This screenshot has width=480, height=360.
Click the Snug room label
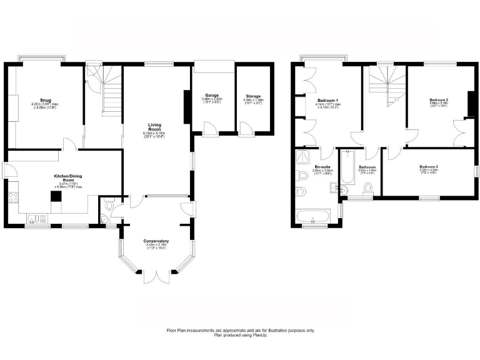coord(45,99)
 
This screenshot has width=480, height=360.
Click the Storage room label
coord(253,96)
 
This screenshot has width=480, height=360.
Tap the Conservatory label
coord(156,241)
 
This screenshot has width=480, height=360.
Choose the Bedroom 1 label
coord(327,99)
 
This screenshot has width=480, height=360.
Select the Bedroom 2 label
coord(439,99)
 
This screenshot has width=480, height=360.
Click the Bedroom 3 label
coord(429,167)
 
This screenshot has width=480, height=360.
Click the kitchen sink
coord(35,218)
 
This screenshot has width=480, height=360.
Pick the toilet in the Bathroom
coord(369,188)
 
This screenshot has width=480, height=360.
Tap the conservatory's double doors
coord(156,274)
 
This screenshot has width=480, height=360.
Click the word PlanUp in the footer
coord(257,336)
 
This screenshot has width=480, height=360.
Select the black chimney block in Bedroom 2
coord(471,104)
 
